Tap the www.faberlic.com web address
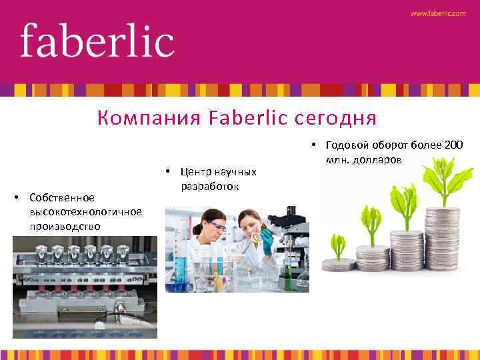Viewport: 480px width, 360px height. click(x=438, y=13)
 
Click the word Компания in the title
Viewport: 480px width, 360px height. click(x=149, y=119)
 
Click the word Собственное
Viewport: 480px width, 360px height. click(x=62, y=197)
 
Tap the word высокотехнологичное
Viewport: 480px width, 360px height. click(x=85, y=211)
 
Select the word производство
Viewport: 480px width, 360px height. click(x=65, y=226)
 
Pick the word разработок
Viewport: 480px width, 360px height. click(x=209, y=187)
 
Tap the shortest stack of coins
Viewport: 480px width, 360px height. click(x=339, y=265)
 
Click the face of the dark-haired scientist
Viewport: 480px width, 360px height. click(x=215, y=225)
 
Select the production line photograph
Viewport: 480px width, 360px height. click(x=85, y=287)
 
